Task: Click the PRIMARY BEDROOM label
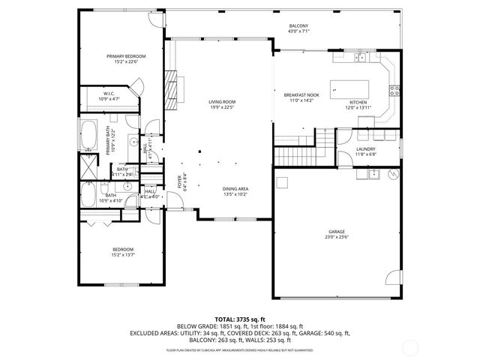coord(125,56)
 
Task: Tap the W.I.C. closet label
coord(109,94)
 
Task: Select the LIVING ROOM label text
coord(223,101)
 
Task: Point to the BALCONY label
coord(298,26)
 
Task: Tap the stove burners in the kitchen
coord(393,93)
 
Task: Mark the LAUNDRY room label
coord(365,149)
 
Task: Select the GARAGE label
coord(337,232)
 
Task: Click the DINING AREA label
coord(235,189)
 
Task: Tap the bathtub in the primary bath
coord(89,135)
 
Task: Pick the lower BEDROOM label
coord(123,250)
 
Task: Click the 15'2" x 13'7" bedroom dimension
coord(123,255)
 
